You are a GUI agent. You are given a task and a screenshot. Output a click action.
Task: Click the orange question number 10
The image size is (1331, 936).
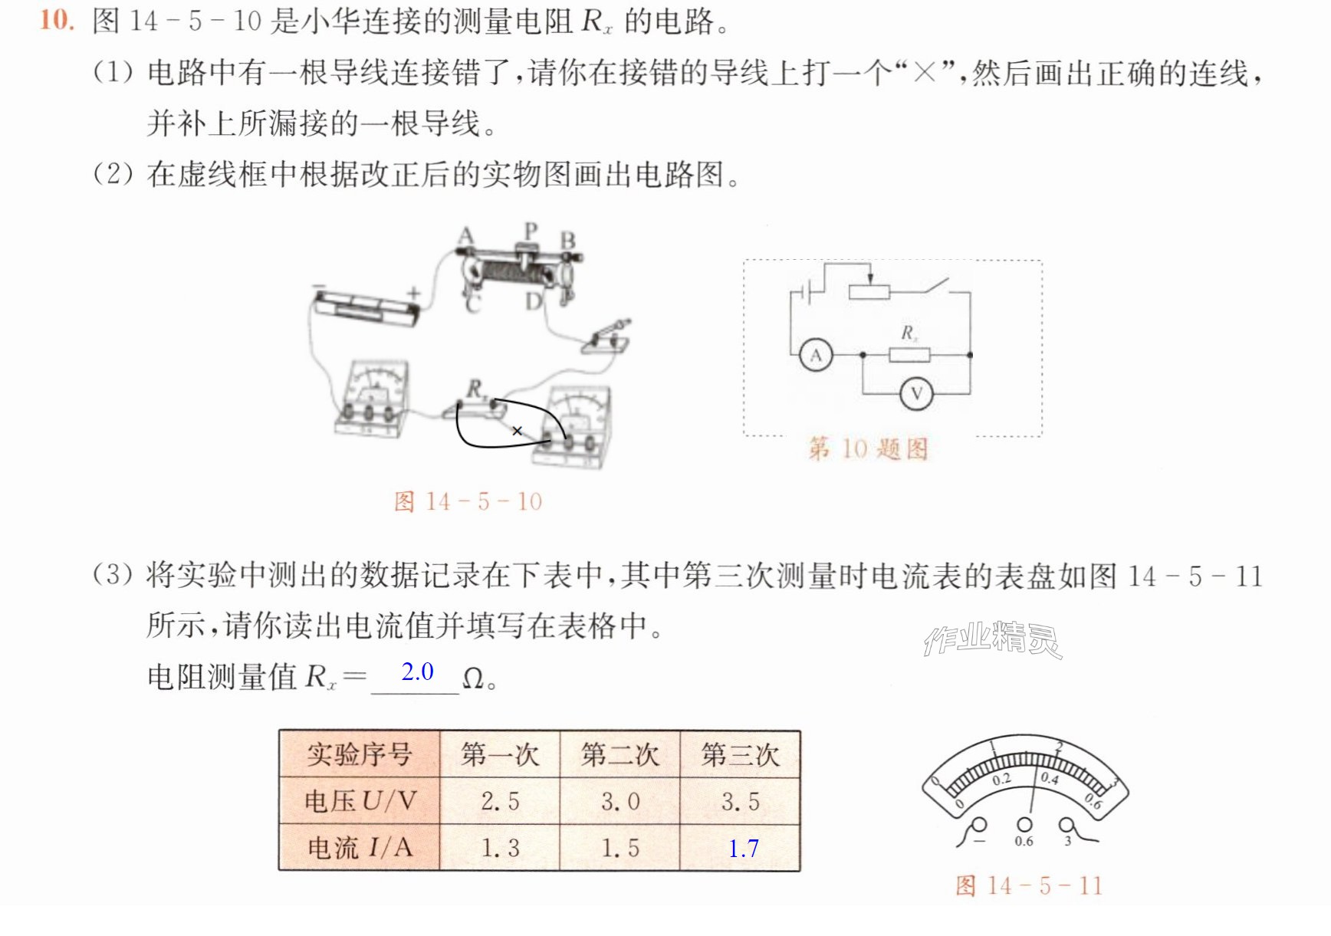point(57,20)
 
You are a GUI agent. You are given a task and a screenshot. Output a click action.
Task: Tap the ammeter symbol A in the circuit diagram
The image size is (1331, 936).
point(816,356)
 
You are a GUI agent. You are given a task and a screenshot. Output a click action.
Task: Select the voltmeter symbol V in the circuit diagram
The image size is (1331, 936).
point(916,394)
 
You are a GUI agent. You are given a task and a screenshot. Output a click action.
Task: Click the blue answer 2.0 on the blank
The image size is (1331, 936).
point(417,672)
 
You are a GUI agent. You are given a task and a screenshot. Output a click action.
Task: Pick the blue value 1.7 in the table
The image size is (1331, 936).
point(743,849)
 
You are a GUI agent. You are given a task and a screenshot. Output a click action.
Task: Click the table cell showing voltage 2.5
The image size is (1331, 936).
point(500,802)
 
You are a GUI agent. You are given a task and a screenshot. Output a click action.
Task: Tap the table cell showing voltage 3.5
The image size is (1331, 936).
point(740,802)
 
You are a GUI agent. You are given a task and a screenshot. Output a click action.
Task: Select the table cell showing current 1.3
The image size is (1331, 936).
point(500,848)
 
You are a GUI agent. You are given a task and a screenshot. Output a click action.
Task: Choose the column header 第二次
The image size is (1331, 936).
point(619,755)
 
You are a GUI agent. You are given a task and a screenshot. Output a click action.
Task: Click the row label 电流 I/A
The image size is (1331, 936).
point(360,848)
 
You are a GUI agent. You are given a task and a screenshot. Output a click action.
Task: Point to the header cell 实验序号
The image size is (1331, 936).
point(360,755)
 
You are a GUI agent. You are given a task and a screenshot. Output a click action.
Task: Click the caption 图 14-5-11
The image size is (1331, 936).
point(1029,886)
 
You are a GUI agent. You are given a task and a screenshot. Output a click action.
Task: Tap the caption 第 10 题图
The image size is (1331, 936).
point(869,448)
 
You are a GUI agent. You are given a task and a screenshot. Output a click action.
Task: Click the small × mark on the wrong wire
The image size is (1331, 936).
point(518,431)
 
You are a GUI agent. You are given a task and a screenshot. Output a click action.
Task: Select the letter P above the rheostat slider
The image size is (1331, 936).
point(531,230)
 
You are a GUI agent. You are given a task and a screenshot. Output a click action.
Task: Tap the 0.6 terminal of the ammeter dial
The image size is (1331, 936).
point(1024,825)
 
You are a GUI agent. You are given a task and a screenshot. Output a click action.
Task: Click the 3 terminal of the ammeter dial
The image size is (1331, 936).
point(1066,825)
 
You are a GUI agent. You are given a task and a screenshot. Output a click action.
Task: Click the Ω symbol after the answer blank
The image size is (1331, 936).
point(474,678)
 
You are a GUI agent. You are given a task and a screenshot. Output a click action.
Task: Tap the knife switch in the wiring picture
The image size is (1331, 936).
point(607,337)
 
